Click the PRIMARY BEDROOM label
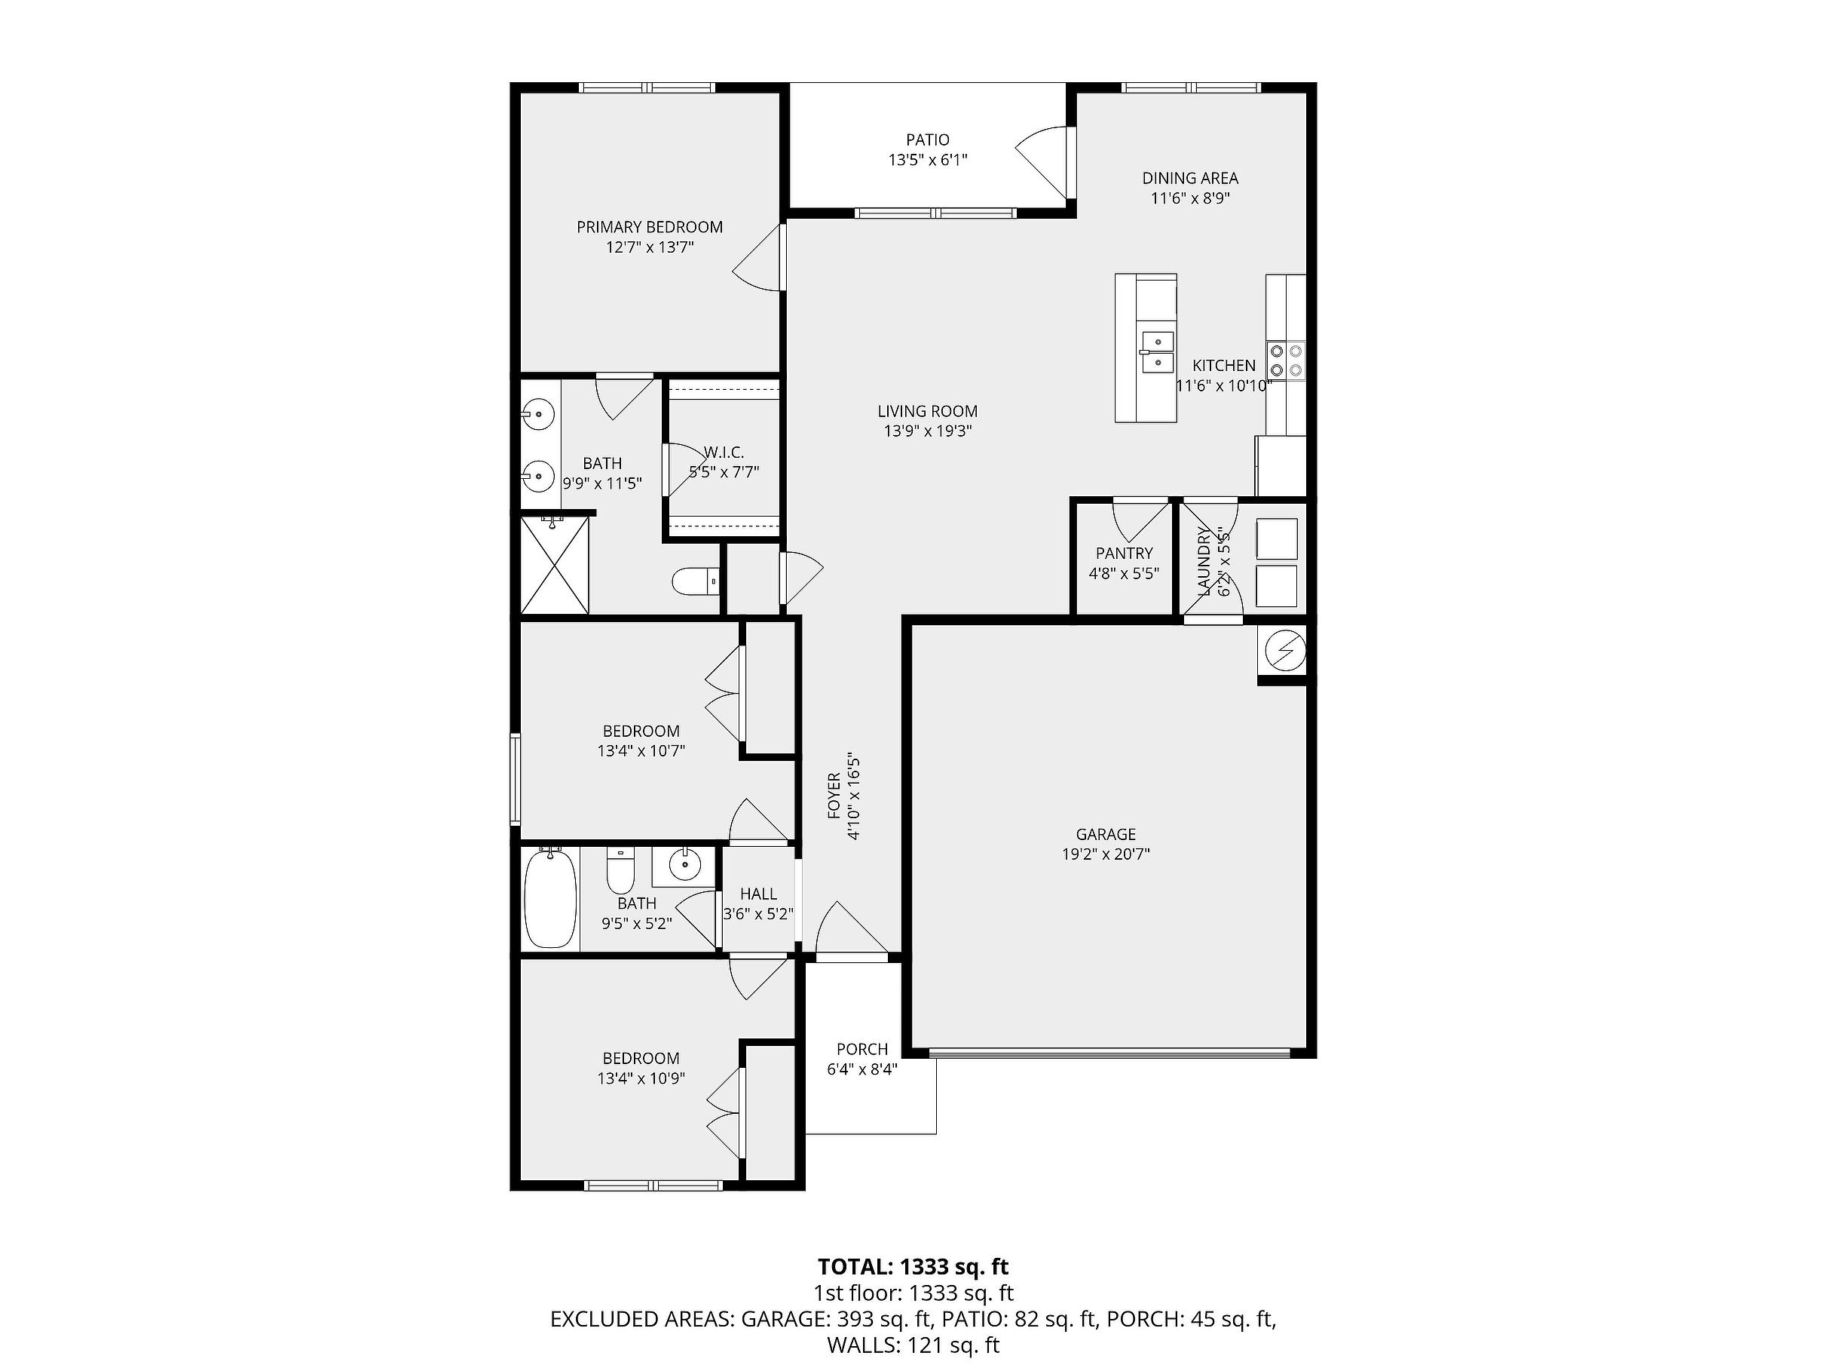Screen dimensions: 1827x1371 [x=649, y=227]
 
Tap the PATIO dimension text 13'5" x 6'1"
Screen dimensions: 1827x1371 [x=928, y=161]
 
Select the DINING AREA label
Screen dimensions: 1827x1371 [x=1190, y=178]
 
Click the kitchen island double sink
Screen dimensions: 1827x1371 [x=1156, y=351]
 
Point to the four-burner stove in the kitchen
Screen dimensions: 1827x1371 [x=1286, y=361]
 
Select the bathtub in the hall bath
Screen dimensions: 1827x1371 [x=551, y=899]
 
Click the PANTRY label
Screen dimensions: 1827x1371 [x=1124, y=554]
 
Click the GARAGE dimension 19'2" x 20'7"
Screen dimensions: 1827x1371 [x=1106, y=854]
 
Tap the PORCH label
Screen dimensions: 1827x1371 [x=862, y=1050]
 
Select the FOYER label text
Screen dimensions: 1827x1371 [x=834, y=796]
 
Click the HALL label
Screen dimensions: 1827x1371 [x=758, y=894]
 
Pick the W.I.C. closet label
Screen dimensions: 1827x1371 [x=724, y=453]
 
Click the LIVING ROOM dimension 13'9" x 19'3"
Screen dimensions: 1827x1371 [x=928, y=431]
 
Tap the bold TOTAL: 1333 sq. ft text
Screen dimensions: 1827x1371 [x=913, y=1267]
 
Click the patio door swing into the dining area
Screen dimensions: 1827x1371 [x=1042, y=163]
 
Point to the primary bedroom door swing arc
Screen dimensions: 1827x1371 [x=756, y=258]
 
